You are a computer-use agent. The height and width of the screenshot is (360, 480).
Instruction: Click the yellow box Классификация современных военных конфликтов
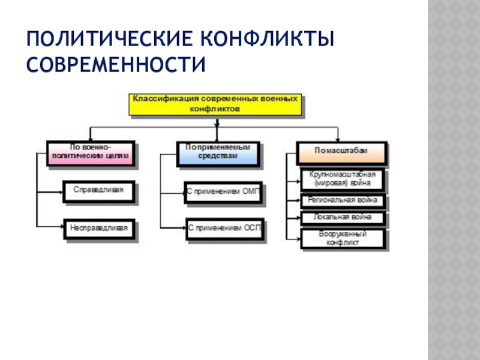pyautogui.click(x=214, y=103)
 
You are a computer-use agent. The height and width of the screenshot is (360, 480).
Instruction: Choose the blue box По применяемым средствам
pyautogui.click(x=218, y=153)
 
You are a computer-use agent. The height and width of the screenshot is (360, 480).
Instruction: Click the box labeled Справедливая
pyautogui.click(x=99, y=191)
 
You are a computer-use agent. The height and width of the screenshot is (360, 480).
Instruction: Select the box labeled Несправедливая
pyautogui.click(x=99, y=229)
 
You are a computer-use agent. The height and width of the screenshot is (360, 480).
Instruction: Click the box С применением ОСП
pyautogui.click(x=224, y=229)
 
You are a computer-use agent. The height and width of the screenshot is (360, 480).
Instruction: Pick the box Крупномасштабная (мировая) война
pyautogui.click(x=343, y=179)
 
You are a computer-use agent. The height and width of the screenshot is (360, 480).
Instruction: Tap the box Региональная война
pyautogui.click(x=343, y=200)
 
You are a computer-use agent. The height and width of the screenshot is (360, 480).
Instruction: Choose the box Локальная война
pyautogui.click(x=343, y=217)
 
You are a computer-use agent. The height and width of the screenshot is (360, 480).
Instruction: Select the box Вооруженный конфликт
pyautogui.click(x=343, y=239)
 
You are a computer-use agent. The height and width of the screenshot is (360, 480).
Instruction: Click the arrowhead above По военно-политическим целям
pyautogui.click(x=90, y=138)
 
